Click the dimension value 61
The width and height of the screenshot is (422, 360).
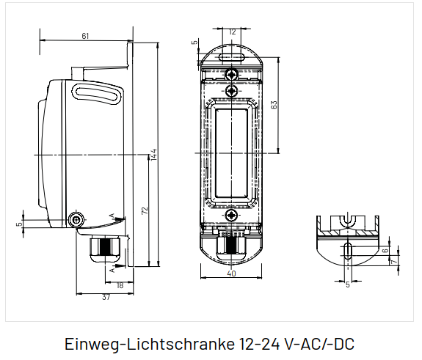click(x=85, y=36)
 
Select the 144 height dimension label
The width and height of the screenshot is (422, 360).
click(x=153, y=155)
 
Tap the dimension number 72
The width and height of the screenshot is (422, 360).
click(x=145, y=210)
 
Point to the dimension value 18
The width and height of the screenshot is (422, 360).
click(x=120, y=285)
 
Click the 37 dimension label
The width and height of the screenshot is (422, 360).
click(x=106, y=297)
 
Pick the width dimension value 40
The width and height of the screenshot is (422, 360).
click(x=231, y=273)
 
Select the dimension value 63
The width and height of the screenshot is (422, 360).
click(x=274, y=105)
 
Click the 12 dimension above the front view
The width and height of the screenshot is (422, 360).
click(x=232, y=32)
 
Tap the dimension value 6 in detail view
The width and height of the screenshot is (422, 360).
click(x=385, y=250)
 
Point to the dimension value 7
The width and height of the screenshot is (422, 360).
click(x=393, y=261)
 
